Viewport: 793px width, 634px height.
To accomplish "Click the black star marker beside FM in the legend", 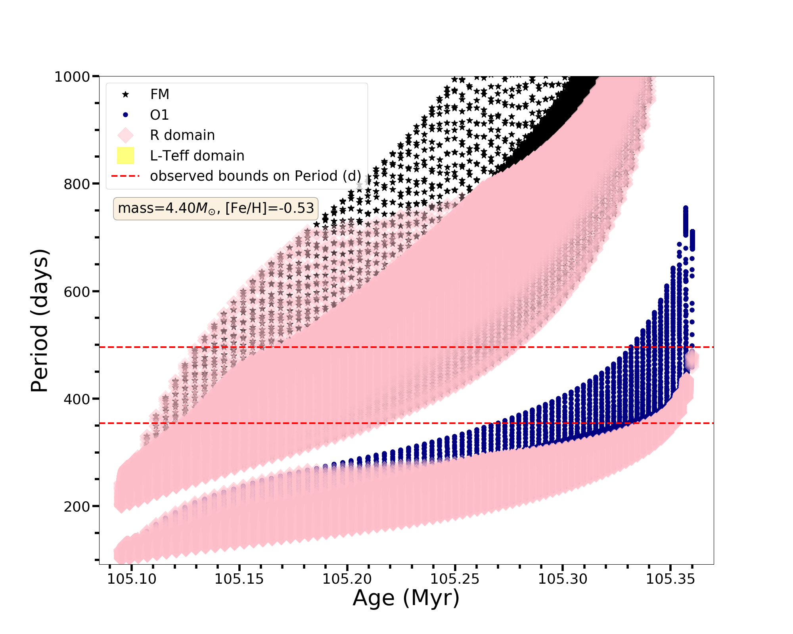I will pos(126,94).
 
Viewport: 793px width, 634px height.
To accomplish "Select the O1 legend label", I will pos(159,115).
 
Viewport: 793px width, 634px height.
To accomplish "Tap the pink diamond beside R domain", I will pos(126,135).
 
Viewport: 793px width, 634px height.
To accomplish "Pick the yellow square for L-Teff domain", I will pos(126,156).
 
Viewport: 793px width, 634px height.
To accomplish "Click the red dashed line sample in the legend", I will pos(126,176).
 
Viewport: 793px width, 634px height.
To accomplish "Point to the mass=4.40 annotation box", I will pos(216,208).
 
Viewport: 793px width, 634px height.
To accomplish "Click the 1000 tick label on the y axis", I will pos(72,76).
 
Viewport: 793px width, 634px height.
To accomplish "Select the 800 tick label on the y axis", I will pos(77,184).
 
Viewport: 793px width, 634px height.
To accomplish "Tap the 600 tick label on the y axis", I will pos(77,291).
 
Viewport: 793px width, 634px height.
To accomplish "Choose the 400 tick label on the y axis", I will pos(77,399).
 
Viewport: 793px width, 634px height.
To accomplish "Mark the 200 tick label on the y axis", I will pos(77,506).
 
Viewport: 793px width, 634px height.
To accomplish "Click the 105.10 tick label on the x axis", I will pos(132,579).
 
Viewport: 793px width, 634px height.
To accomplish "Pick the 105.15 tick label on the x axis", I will pos(239,579).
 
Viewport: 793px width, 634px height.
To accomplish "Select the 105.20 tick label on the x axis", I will pos(347,579).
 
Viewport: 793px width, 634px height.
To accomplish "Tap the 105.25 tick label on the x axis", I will pos(455,579).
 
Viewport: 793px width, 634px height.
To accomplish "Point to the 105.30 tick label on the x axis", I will pos(562,579).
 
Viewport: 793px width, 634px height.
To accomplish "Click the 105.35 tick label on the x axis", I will pos(670,579).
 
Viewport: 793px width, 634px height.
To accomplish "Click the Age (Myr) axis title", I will pos(406,598).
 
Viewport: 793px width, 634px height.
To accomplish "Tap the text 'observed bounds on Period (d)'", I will pos(255,176).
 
